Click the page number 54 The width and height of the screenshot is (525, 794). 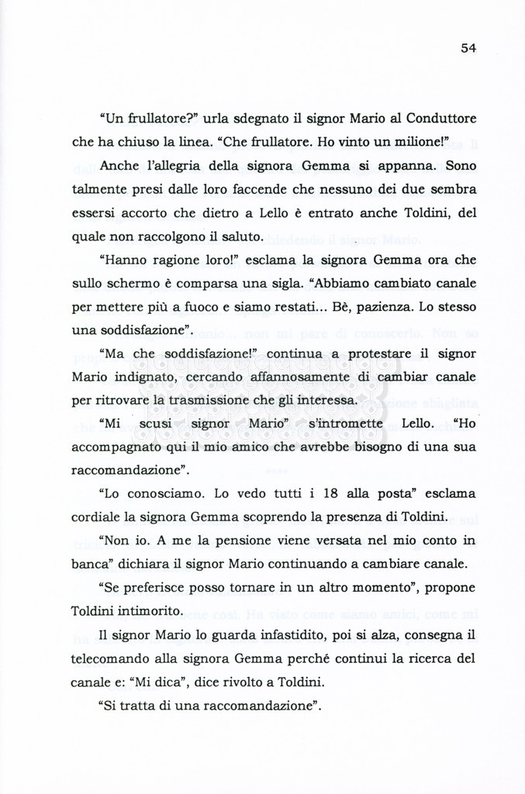coord(468,48)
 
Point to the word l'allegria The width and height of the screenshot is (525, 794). coord(180,167)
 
